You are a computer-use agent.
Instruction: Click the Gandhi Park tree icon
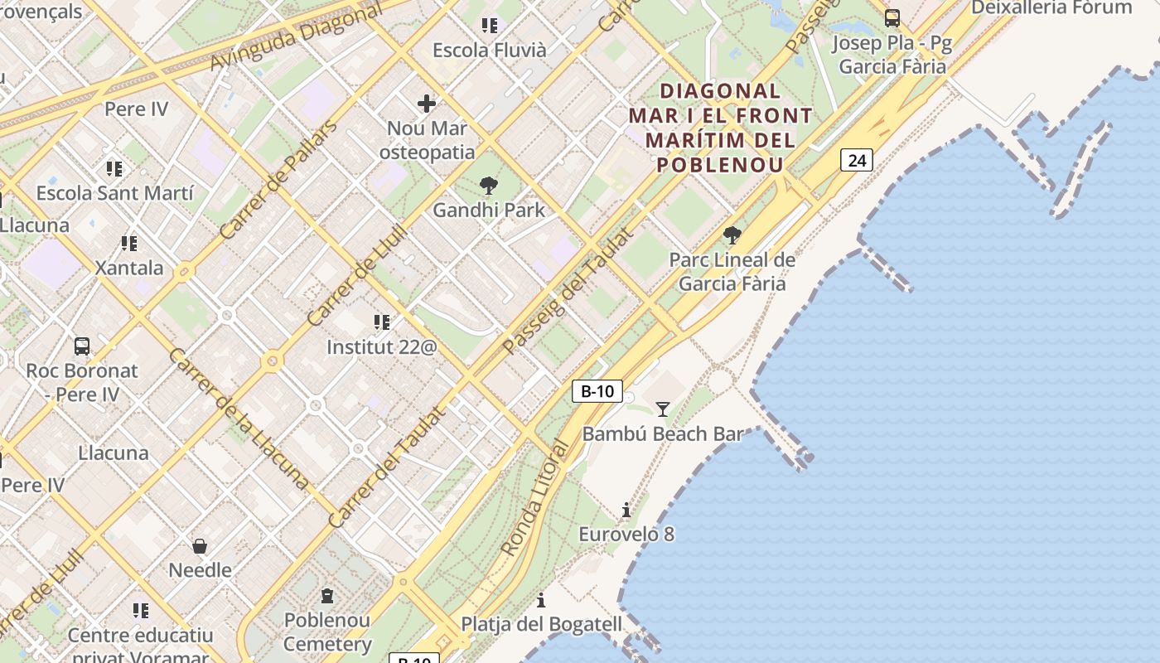click(489, 186)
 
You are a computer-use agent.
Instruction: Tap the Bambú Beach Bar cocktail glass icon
click(663, 409)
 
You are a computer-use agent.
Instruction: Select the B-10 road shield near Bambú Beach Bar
click(597, 391)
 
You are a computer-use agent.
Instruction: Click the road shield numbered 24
click(857, 159)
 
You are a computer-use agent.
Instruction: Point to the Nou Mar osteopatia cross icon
click(427, 104)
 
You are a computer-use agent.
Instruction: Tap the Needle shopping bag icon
click(200, 546)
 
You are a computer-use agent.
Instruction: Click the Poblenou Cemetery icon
click(327, 596)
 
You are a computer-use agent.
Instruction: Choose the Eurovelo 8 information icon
click(626, 510)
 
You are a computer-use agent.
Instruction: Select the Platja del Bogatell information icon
click(541, 599)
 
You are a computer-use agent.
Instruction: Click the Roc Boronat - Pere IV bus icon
click(81, 346)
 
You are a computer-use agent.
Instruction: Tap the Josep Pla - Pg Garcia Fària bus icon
click(892, 18)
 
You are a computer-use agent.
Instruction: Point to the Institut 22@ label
click(381, 346)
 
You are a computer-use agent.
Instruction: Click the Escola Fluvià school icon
click(490, 26)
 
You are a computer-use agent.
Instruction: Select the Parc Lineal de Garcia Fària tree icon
click(732, 235)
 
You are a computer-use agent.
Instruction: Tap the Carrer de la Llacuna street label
click(239, 418)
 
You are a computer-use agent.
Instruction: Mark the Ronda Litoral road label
click(535, 498)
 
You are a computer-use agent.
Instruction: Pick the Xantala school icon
click(128, 244)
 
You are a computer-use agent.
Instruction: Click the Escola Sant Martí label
click(115, 193)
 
